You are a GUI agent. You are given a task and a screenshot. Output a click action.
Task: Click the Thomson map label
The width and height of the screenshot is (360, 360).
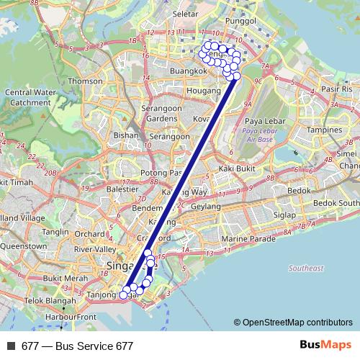[x=86, y=81]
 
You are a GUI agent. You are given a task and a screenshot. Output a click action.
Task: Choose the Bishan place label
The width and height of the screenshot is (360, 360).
[x=126, y=135]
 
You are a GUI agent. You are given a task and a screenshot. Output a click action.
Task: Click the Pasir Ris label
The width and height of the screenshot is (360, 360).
[x=336, y=89]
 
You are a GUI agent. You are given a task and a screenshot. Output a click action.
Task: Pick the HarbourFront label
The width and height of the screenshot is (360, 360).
[x=70, y=316]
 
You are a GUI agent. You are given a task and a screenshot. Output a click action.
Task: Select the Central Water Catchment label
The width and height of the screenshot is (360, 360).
[x=27, y=96]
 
